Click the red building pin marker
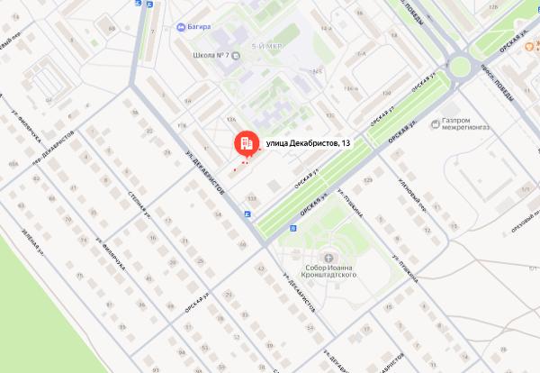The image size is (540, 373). point(244,143)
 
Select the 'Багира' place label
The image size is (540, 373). point(200,26)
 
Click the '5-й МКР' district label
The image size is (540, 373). point(267,44)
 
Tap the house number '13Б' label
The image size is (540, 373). point(252,197)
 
